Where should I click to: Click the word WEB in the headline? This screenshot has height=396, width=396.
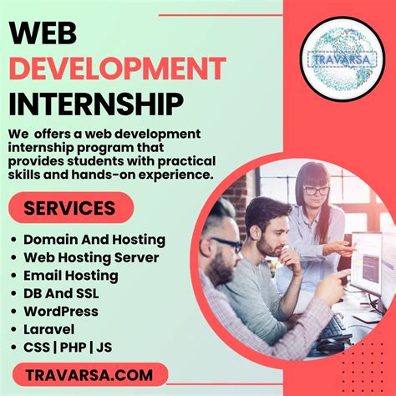tap(43, 33)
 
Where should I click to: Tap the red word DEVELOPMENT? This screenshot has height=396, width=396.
tap(117, 68)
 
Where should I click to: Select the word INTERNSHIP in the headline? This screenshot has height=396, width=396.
tap(96, 104)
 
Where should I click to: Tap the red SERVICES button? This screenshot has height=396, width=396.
tap(70, 207)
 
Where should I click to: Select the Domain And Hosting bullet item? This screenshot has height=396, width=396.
tap(94, 239)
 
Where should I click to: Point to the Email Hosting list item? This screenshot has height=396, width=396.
tap(70, 275)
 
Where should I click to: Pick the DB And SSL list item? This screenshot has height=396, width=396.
tap(61, 293)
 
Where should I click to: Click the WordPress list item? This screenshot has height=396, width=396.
tap(60, 311)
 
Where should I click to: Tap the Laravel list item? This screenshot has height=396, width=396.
tap(49, 329)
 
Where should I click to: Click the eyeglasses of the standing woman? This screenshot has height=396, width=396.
tap(316, 190)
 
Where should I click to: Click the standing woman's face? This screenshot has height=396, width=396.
tap(316, 193)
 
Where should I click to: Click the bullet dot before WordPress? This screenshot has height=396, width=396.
tap(14, 312)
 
